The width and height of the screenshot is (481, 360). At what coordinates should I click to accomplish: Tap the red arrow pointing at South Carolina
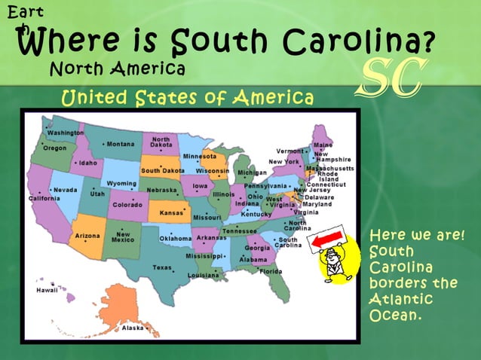(325, 239)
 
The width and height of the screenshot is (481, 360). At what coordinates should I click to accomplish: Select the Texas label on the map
(162, 267)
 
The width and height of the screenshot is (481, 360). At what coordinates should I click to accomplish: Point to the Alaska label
(133, 328)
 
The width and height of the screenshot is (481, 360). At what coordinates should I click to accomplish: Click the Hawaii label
(47, 289)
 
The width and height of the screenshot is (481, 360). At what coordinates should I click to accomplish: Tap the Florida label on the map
(271, 272)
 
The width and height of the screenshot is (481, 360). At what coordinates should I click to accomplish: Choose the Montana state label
(120, 144)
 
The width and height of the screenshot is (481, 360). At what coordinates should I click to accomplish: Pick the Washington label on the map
(65, 133)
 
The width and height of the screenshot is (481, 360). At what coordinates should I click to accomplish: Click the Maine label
(323, 145)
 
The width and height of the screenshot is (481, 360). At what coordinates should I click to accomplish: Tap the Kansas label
(172, 212)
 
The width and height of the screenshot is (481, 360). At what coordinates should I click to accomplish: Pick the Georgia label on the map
(258, 248)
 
